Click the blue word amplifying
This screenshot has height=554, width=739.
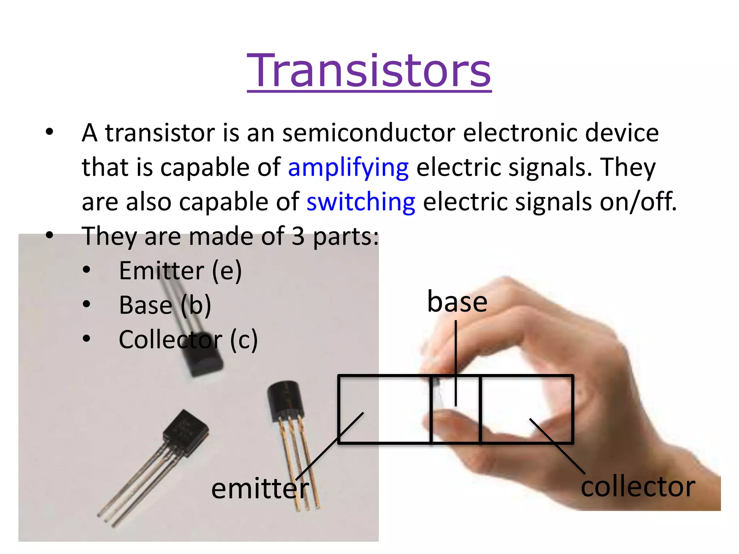click(348, 168)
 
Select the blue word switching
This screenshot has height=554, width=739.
click(361, 202)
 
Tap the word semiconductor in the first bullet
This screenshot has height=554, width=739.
click(368, 133)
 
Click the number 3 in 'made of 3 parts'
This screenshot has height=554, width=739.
click(298, 236)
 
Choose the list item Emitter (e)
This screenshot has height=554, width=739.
click(180, 271)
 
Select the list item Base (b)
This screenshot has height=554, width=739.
click(165, 305)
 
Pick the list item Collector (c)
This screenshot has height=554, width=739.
click(188, 340)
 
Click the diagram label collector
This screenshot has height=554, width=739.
click(638, 487)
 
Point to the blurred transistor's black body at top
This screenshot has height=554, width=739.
click(202, 357)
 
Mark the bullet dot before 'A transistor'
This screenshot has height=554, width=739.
click(49, 132)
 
